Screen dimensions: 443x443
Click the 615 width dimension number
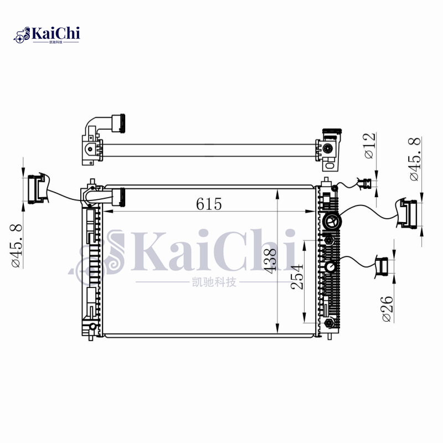point(209,204)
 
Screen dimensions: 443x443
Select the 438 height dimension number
point(270,260)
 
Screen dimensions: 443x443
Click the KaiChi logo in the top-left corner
point(47,34)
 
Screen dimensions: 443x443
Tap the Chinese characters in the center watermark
point(213,283)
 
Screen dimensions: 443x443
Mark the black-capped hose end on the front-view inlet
point(119,196)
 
